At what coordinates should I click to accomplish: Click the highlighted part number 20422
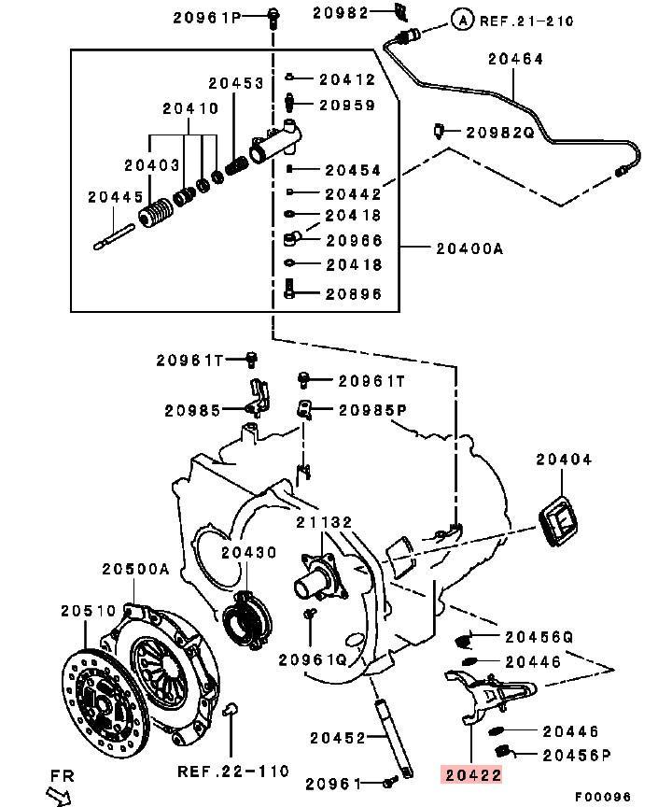[471, 774]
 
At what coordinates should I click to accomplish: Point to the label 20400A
[469, 248]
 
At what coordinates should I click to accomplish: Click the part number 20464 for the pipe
[515, 58]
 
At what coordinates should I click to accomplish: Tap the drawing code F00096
[602, 796]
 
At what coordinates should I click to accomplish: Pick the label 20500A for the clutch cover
[136, 569]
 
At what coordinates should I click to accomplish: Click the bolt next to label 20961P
[273, 15]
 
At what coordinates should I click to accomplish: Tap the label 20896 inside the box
[353, 293]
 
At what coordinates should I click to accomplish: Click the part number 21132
[325, 523]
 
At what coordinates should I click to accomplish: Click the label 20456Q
[539, 637]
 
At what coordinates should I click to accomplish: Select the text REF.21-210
[526, 20]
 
